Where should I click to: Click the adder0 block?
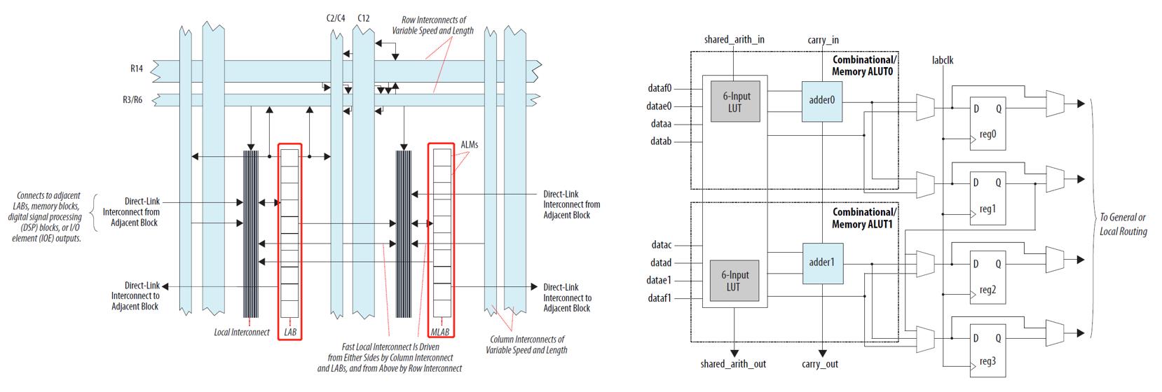[x=822, y=100]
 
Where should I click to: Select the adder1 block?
[x=822, y=263]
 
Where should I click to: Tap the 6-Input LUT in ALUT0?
[x=733, y=101]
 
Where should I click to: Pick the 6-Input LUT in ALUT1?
[x=733, y=281]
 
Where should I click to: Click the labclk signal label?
[x=943, y=60]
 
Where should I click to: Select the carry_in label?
[x=823, y=40]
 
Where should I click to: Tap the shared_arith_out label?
[x=733, y=364]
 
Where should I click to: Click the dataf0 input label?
[x=661, y=88]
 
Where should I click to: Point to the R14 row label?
[x=137, y=69]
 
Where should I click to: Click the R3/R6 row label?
[x=132, y=99]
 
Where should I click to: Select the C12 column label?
[x=363, y=17]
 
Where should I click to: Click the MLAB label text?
[x=440, y=332]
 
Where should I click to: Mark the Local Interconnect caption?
[x=241, y=332]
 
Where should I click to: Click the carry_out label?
[x=820, y=364]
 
